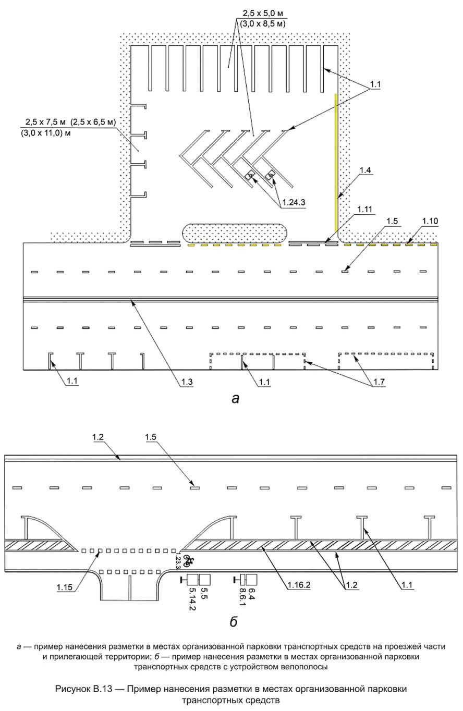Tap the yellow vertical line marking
pos(335,162)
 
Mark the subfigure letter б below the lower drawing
pos(233,622)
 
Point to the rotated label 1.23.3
pos(178,560)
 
